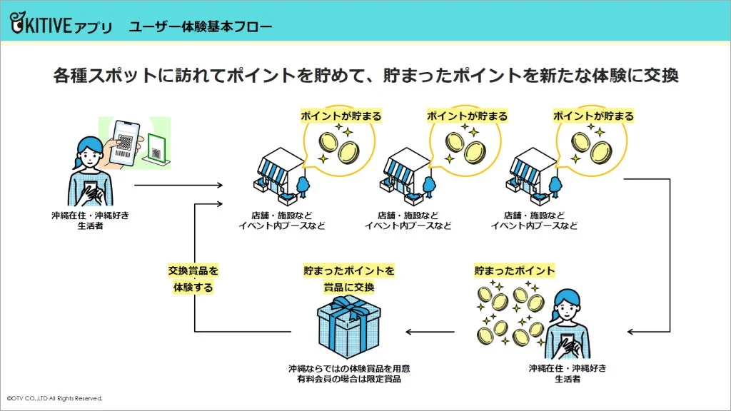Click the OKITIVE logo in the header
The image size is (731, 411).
pyautogui.click(x=61, y=26)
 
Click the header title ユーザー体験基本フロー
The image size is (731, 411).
pyautogui.click(x=201, y=27)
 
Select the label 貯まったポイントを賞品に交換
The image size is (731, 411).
pyautogui.click(x=348, y=279)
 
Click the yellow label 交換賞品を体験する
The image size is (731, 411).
pyautogui.click(x=193, y=279)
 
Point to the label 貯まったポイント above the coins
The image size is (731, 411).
pyautogui.click(x=514, y=271)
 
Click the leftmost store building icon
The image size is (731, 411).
pyautogui.click(x=279, y=175)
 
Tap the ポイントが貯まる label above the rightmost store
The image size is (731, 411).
pyautogui.click(x=593, y=116)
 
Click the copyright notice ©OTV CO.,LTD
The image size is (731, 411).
pyautogui.click(x=55, y=398)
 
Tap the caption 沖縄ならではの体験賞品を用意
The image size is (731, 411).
pyautogui.click(x=348, y=369)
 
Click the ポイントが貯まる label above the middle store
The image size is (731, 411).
pyautogui.click(x=467, y=116)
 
